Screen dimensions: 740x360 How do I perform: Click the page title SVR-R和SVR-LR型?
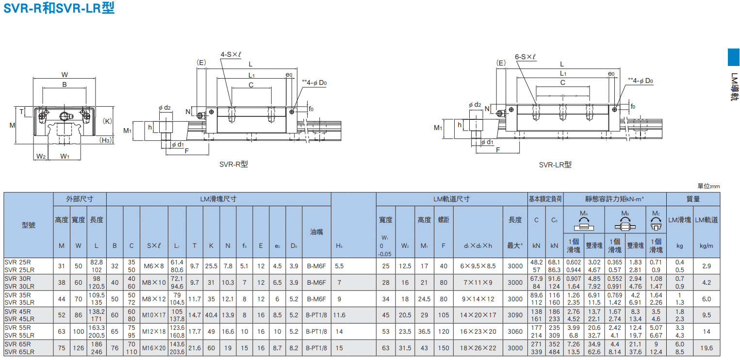[59, 8]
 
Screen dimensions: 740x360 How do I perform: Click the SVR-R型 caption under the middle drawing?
[233, 164]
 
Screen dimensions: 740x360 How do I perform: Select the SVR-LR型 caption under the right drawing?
[555, 164]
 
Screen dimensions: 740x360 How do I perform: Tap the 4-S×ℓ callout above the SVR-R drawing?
[231, 54]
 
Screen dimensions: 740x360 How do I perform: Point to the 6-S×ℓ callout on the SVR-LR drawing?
[525, 57]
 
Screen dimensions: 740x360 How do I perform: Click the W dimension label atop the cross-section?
[65, 75]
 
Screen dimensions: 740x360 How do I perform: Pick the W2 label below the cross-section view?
[41, 156]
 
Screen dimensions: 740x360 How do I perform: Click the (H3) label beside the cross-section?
[106, 140]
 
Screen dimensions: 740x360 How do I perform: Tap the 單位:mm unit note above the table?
[708, 186]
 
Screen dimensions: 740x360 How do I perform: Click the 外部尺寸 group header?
[80, 199]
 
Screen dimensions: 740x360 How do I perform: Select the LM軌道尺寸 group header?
[451, 199]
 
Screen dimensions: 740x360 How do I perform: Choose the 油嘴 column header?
[316, 232]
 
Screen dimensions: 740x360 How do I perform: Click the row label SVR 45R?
[17, 311]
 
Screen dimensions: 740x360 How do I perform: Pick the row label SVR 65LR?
[19, 352]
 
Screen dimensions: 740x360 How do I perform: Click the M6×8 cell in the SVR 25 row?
[154, 266]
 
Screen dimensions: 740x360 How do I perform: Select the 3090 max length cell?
[515, 315]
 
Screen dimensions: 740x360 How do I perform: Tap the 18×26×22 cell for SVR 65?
[478, 348]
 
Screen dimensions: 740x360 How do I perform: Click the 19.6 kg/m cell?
[707, 348]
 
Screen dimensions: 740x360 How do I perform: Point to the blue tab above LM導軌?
[733, 57]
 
